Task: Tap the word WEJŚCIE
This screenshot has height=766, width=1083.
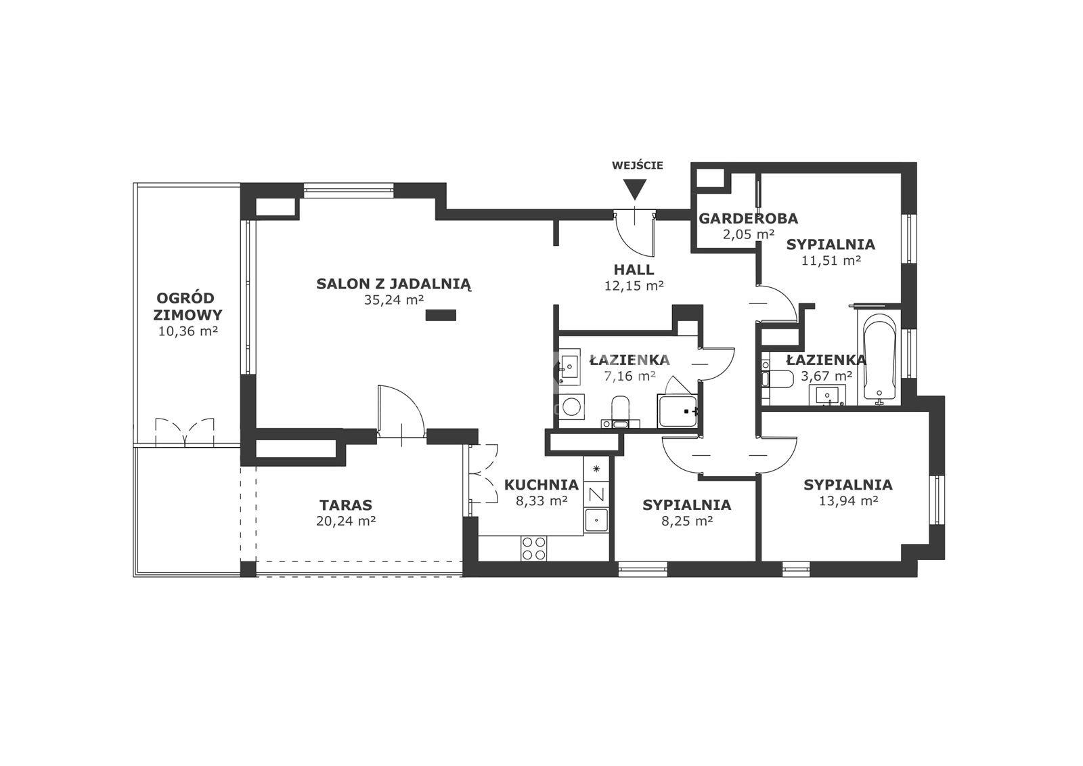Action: click(x=637, y=165)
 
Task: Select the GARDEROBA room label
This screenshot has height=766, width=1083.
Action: click(x=749, y=219)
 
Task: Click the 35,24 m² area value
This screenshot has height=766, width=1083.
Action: click(x=394, y=300)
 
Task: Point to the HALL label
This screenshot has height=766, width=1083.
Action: click(x=634, y=270)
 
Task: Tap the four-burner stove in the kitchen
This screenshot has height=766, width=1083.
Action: click(x=534, y=548)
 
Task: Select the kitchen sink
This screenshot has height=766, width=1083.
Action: click(x=596, y=520)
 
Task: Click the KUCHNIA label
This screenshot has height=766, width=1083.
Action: click(x=541, y=484)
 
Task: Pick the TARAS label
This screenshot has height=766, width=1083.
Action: click(x=346, y=505)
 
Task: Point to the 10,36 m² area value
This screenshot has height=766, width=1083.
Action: click(x=188, y=331)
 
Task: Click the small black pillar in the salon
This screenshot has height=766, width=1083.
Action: click(x=441, y=316)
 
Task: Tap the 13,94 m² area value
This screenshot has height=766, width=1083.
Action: click(x=849, y=501)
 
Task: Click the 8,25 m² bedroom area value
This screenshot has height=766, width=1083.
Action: click(x=687, y=521)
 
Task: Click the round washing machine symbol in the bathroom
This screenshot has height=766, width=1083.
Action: click(x=571, y=406)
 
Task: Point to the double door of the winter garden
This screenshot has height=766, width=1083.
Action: click(x=184, y=431)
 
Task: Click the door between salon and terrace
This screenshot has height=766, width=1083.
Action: click(x=402, y=411)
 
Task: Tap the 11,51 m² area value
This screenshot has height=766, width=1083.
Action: click(x=831, y=261)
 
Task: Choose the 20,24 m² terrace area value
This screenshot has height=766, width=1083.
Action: click(x=346, y=521)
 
